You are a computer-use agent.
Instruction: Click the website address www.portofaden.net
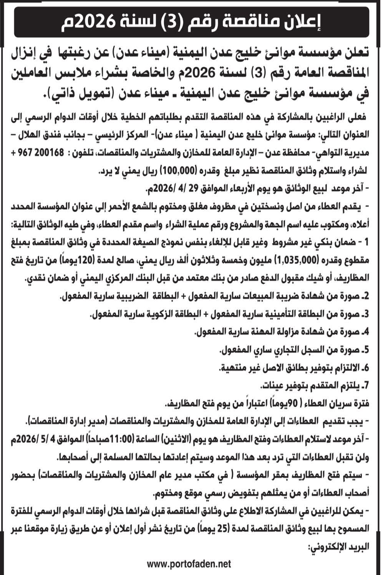[189, 564]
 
